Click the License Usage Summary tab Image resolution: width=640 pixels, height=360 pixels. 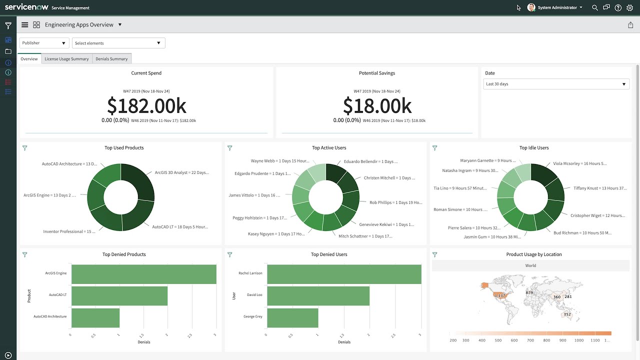[66, 59]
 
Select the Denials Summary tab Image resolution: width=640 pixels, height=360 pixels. [111, 59]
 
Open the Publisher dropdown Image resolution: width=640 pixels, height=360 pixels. [44, 43]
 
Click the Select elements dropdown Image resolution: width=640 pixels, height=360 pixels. [118, 43]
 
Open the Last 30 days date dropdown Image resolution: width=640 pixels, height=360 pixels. [556, 84]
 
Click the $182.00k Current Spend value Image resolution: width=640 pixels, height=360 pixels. [146, 106]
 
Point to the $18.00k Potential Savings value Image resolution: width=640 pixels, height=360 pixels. [377, 106]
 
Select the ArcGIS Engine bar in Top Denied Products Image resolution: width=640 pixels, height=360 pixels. [144, 274]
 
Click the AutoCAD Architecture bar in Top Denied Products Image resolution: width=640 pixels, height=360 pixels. [95, 317]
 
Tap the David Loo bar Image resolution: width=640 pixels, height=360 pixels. [318, 295]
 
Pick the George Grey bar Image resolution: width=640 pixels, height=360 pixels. [292, 317]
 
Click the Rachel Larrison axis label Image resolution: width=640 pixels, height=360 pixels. [250, 273]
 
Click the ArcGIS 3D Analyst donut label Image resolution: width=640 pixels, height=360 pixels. [181, 172]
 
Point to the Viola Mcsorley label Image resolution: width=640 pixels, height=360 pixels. [579, 163]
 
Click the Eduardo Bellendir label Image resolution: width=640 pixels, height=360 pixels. [370, 162]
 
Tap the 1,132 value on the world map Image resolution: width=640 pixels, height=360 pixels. [500, 295]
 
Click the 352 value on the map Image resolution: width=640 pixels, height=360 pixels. [567, 314]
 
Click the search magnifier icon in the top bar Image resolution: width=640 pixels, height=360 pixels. [594, 8]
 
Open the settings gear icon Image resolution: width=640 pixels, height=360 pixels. [629, 8]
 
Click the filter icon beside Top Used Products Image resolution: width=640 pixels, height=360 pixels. [25, 148]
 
